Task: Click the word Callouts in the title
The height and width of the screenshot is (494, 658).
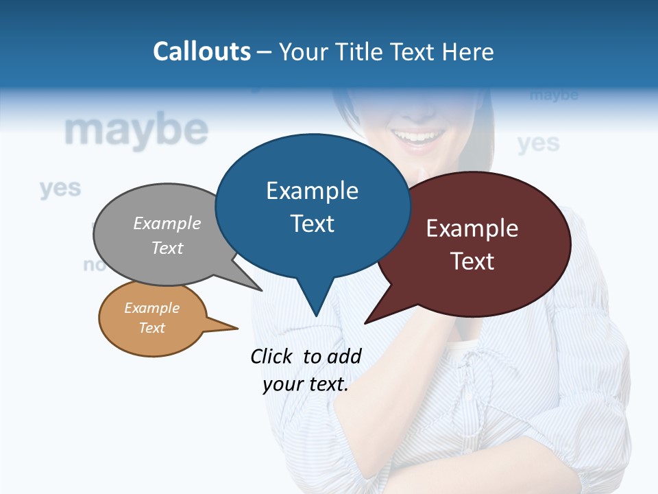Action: click(x=202, y=51)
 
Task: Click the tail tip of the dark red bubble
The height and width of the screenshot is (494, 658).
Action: click(x=366, y=322)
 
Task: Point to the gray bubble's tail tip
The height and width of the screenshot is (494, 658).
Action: click(x=261, y=290)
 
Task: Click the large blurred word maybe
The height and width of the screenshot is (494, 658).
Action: click(x=136, y=130)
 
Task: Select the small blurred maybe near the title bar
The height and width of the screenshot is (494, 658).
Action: click(x=554, y=95)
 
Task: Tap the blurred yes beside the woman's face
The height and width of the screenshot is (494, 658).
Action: click(x=538, y=143)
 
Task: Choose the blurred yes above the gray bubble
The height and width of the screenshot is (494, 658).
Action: click(x=60, y=188)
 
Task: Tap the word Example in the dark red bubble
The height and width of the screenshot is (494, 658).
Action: click(x=472, y=228)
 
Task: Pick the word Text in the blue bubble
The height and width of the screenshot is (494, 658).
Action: click(x=312, y=224)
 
